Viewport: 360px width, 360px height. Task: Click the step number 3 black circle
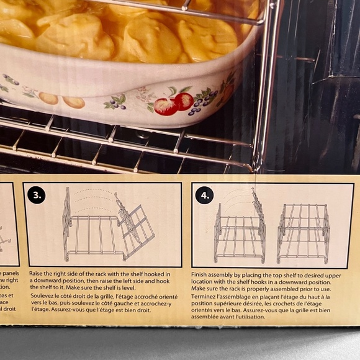point(37,196)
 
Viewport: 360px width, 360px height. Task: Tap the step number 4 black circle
point(204,196)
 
